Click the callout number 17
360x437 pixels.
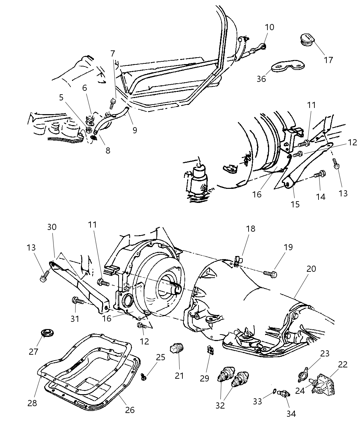tap(328, 60)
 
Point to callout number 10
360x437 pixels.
tap(269, 27)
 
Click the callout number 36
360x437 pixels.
tap(262, 79)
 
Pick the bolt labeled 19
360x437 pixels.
tap(270, 274)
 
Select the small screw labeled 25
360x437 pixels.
tap(144, 377)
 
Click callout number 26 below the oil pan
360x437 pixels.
tap(130, 410)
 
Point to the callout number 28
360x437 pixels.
tap(32, 403)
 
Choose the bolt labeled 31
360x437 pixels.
tap(78, 301)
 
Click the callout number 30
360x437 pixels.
tap(52, 227)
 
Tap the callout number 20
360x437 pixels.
tap(311, 269)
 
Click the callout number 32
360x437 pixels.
tap(220, 405)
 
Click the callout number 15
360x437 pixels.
tap(295, 204)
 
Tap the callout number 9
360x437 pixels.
tap(134, 130)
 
